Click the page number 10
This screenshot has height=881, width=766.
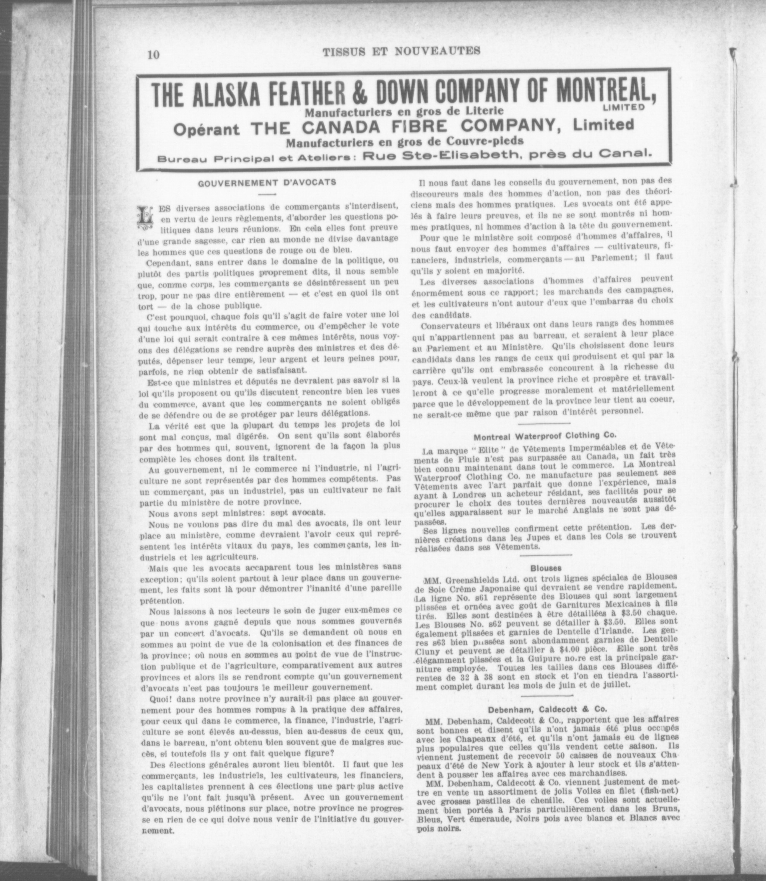[153, 55]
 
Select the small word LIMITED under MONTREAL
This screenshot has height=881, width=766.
[624, 107]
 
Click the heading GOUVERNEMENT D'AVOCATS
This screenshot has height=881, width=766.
[267, 183]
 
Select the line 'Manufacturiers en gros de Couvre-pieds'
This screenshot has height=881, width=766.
[405, 141]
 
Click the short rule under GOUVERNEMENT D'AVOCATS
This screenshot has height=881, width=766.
[267, 195]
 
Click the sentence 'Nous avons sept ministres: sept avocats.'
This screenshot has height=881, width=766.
[237, 512]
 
